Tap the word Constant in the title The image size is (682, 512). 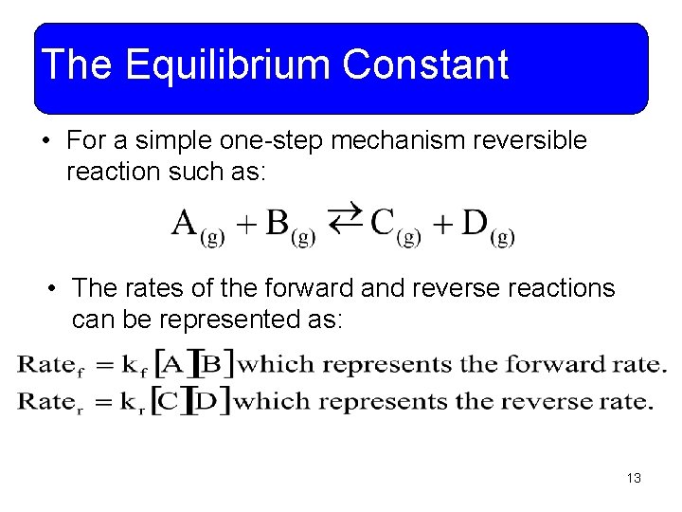tap(425, 65)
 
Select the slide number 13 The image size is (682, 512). tap(634, 478)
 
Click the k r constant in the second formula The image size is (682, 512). tap(136, 402)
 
